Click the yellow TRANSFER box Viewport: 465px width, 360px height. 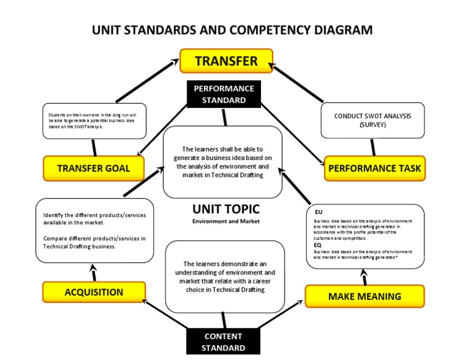click(226, 61)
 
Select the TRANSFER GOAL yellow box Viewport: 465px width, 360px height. click(93, 168)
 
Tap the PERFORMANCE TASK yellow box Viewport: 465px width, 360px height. click(374, 168)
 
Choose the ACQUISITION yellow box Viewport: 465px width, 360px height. click(94, 292)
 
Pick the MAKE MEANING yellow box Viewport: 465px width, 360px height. click(364, 296)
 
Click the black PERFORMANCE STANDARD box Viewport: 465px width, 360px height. click(223, 95)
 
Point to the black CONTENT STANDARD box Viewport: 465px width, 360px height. click(223, 342)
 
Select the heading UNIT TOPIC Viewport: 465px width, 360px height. click(226, 209)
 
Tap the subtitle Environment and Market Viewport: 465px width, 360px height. click(226, 221)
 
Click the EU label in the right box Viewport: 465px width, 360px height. click(318, 212)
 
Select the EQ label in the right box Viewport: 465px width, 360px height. click(318, 245)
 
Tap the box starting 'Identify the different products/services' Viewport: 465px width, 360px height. click(94, 230)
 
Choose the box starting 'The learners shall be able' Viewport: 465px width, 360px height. click(223, 162)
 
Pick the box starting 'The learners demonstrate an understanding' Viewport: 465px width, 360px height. click(225, 276)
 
